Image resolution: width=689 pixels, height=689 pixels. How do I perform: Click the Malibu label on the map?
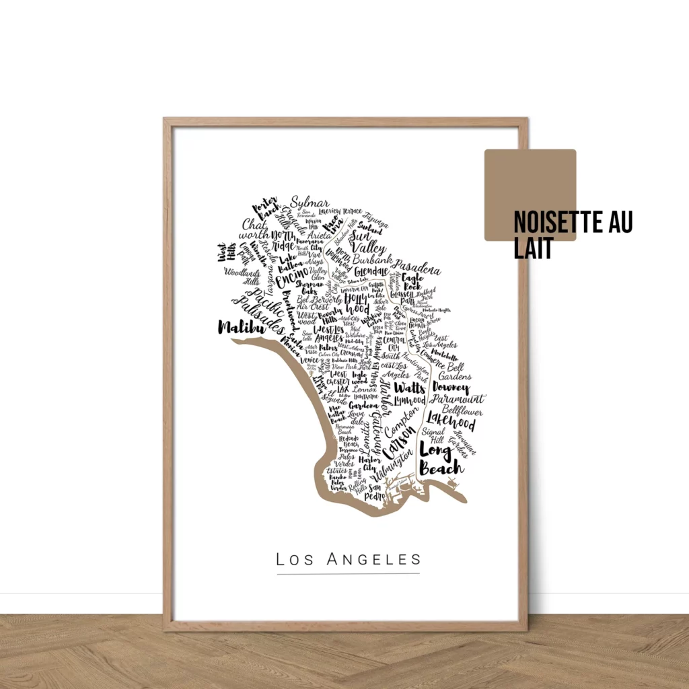238,328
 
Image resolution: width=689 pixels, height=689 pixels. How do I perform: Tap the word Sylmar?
310,204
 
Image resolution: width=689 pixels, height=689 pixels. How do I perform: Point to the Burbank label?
371,258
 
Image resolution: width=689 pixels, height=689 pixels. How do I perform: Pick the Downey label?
450,388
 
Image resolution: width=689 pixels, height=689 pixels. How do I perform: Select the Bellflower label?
462,410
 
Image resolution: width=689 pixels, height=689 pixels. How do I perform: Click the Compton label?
401,421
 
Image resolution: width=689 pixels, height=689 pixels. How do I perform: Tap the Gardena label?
363,406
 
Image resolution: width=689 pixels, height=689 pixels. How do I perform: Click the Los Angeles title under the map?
349,559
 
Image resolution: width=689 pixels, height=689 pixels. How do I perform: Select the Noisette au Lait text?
572,235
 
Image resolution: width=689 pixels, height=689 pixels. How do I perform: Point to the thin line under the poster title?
349,574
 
